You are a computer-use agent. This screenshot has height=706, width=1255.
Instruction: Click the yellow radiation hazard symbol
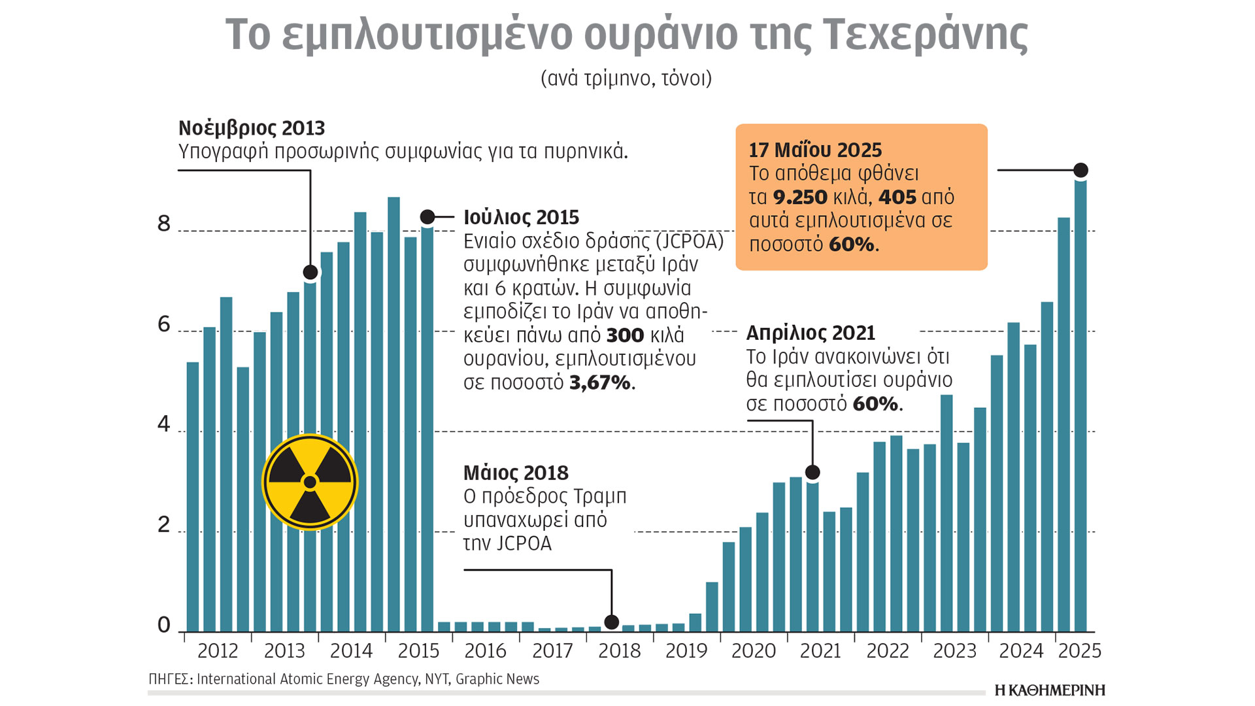click(x=310, y=482)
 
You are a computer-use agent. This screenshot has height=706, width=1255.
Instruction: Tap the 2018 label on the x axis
click(x=619, y=651)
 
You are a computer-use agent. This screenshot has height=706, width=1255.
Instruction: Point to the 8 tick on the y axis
click(x=163, y=224)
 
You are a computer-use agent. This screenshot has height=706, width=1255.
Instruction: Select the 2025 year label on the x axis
click(x=1079, y=651)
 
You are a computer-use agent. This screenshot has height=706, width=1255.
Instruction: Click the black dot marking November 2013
click(x=310, y=272)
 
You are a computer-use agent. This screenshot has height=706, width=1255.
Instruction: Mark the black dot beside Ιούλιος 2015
click(x=427, y=216)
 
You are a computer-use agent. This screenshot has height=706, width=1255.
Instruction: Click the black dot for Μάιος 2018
click(x=611, y=622)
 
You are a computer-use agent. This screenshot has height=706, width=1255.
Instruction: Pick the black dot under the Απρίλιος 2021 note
click(x=812, y=472)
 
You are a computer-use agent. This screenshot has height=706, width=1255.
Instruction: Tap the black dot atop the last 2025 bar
click(x=1080, y=170)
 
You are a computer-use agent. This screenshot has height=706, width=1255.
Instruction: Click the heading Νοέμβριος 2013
click(x=252, y=128)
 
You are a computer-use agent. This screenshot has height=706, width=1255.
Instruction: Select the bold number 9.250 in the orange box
click(x=800, y=197)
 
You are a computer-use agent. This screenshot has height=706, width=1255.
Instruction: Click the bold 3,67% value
click(x=599, y=382)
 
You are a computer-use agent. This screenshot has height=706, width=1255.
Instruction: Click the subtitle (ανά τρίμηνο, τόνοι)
click(x=626, y=78)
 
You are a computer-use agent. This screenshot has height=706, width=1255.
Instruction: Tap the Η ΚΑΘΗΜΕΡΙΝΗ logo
click(x=1050, y=690)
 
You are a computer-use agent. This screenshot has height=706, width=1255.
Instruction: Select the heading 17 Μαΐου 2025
click(x=815, y=150)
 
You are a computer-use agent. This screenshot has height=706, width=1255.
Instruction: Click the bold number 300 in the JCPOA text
click(x=625, y=335)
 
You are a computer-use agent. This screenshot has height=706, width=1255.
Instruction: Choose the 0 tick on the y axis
click(x=163, y=626)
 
